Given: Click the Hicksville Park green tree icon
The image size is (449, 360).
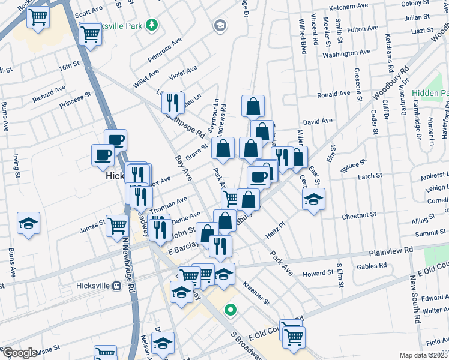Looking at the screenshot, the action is (x=153, y=25).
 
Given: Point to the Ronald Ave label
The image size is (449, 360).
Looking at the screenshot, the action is (x=333, y=94).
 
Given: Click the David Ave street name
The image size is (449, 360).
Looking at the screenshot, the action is (x=318, y=121).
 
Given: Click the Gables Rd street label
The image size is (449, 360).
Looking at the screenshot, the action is (x=371, y=266).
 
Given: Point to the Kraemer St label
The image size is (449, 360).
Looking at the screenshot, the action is (x=256, y=290).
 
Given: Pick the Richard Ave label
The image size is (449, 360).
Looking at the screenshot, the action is (x=49, y=94).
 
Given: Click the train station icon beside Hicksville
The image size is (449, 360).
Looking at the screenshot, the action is (x=118, y=286).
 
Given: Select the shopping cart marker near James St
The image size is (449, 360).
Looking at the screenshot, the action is (x=118, y=226).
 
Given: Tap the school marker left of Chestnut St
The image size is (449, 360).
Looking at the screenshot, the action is (x=313, y=199).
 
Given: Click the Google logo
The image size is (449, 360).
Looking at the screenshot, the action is (x=20, y=353).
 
